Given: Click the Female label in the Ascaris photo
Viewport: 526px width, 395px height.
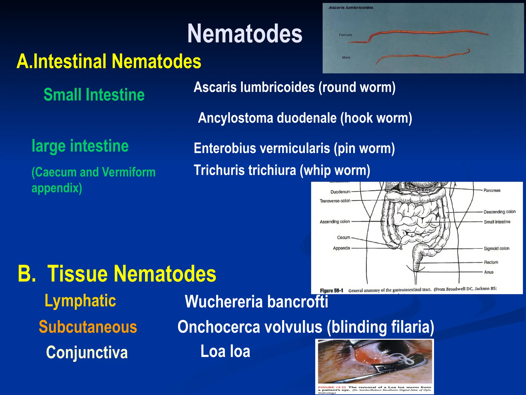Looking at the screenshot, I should click(x=345, y=35).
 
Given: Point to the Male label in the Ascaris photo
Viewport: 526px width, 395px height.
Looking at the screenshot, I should click(x=346, y=58).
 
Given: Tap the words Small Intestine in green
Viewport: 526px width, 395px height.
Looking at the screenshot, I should click(x=94, y=95).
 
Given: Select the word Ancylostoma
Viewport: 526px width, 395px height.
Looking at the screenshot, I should click(x=236, y=118).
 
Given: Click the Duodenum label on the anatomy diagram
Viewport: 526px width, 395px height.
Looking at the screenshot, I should click(x=340, y=192).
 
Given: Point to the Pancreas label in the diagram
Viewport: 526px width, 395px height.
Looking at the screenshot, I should click(x=492, y=191).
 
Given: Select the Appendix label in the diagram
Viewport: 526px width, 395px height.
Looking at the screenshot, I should click(x=341, y=248).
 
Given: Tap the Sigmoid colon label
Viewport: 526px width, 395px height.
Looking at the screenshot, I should click(x=496, y=248).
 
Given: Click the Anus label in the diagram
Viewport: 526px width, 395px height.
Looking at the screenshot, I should click(x=489, y=272).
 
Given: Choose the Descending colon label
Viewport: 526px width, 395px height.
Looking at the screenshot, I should click(x=499, y=212).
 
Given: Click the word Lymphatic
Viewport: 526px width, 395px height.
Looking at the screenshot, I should click(x=80, y=301).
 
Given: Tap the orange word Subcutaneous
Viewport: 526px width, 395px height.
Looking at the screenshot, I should click(x=88, y=327).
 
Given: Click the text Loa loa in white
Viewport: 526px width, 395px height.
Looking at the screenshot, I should click(x=225, y=351).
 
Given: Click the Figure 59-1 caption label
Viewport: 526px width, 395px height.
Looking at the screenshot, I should click(x=331, y=291).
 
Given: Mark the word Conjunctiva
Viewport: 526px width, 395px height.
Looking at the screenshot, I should click(x=87, y=352).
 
